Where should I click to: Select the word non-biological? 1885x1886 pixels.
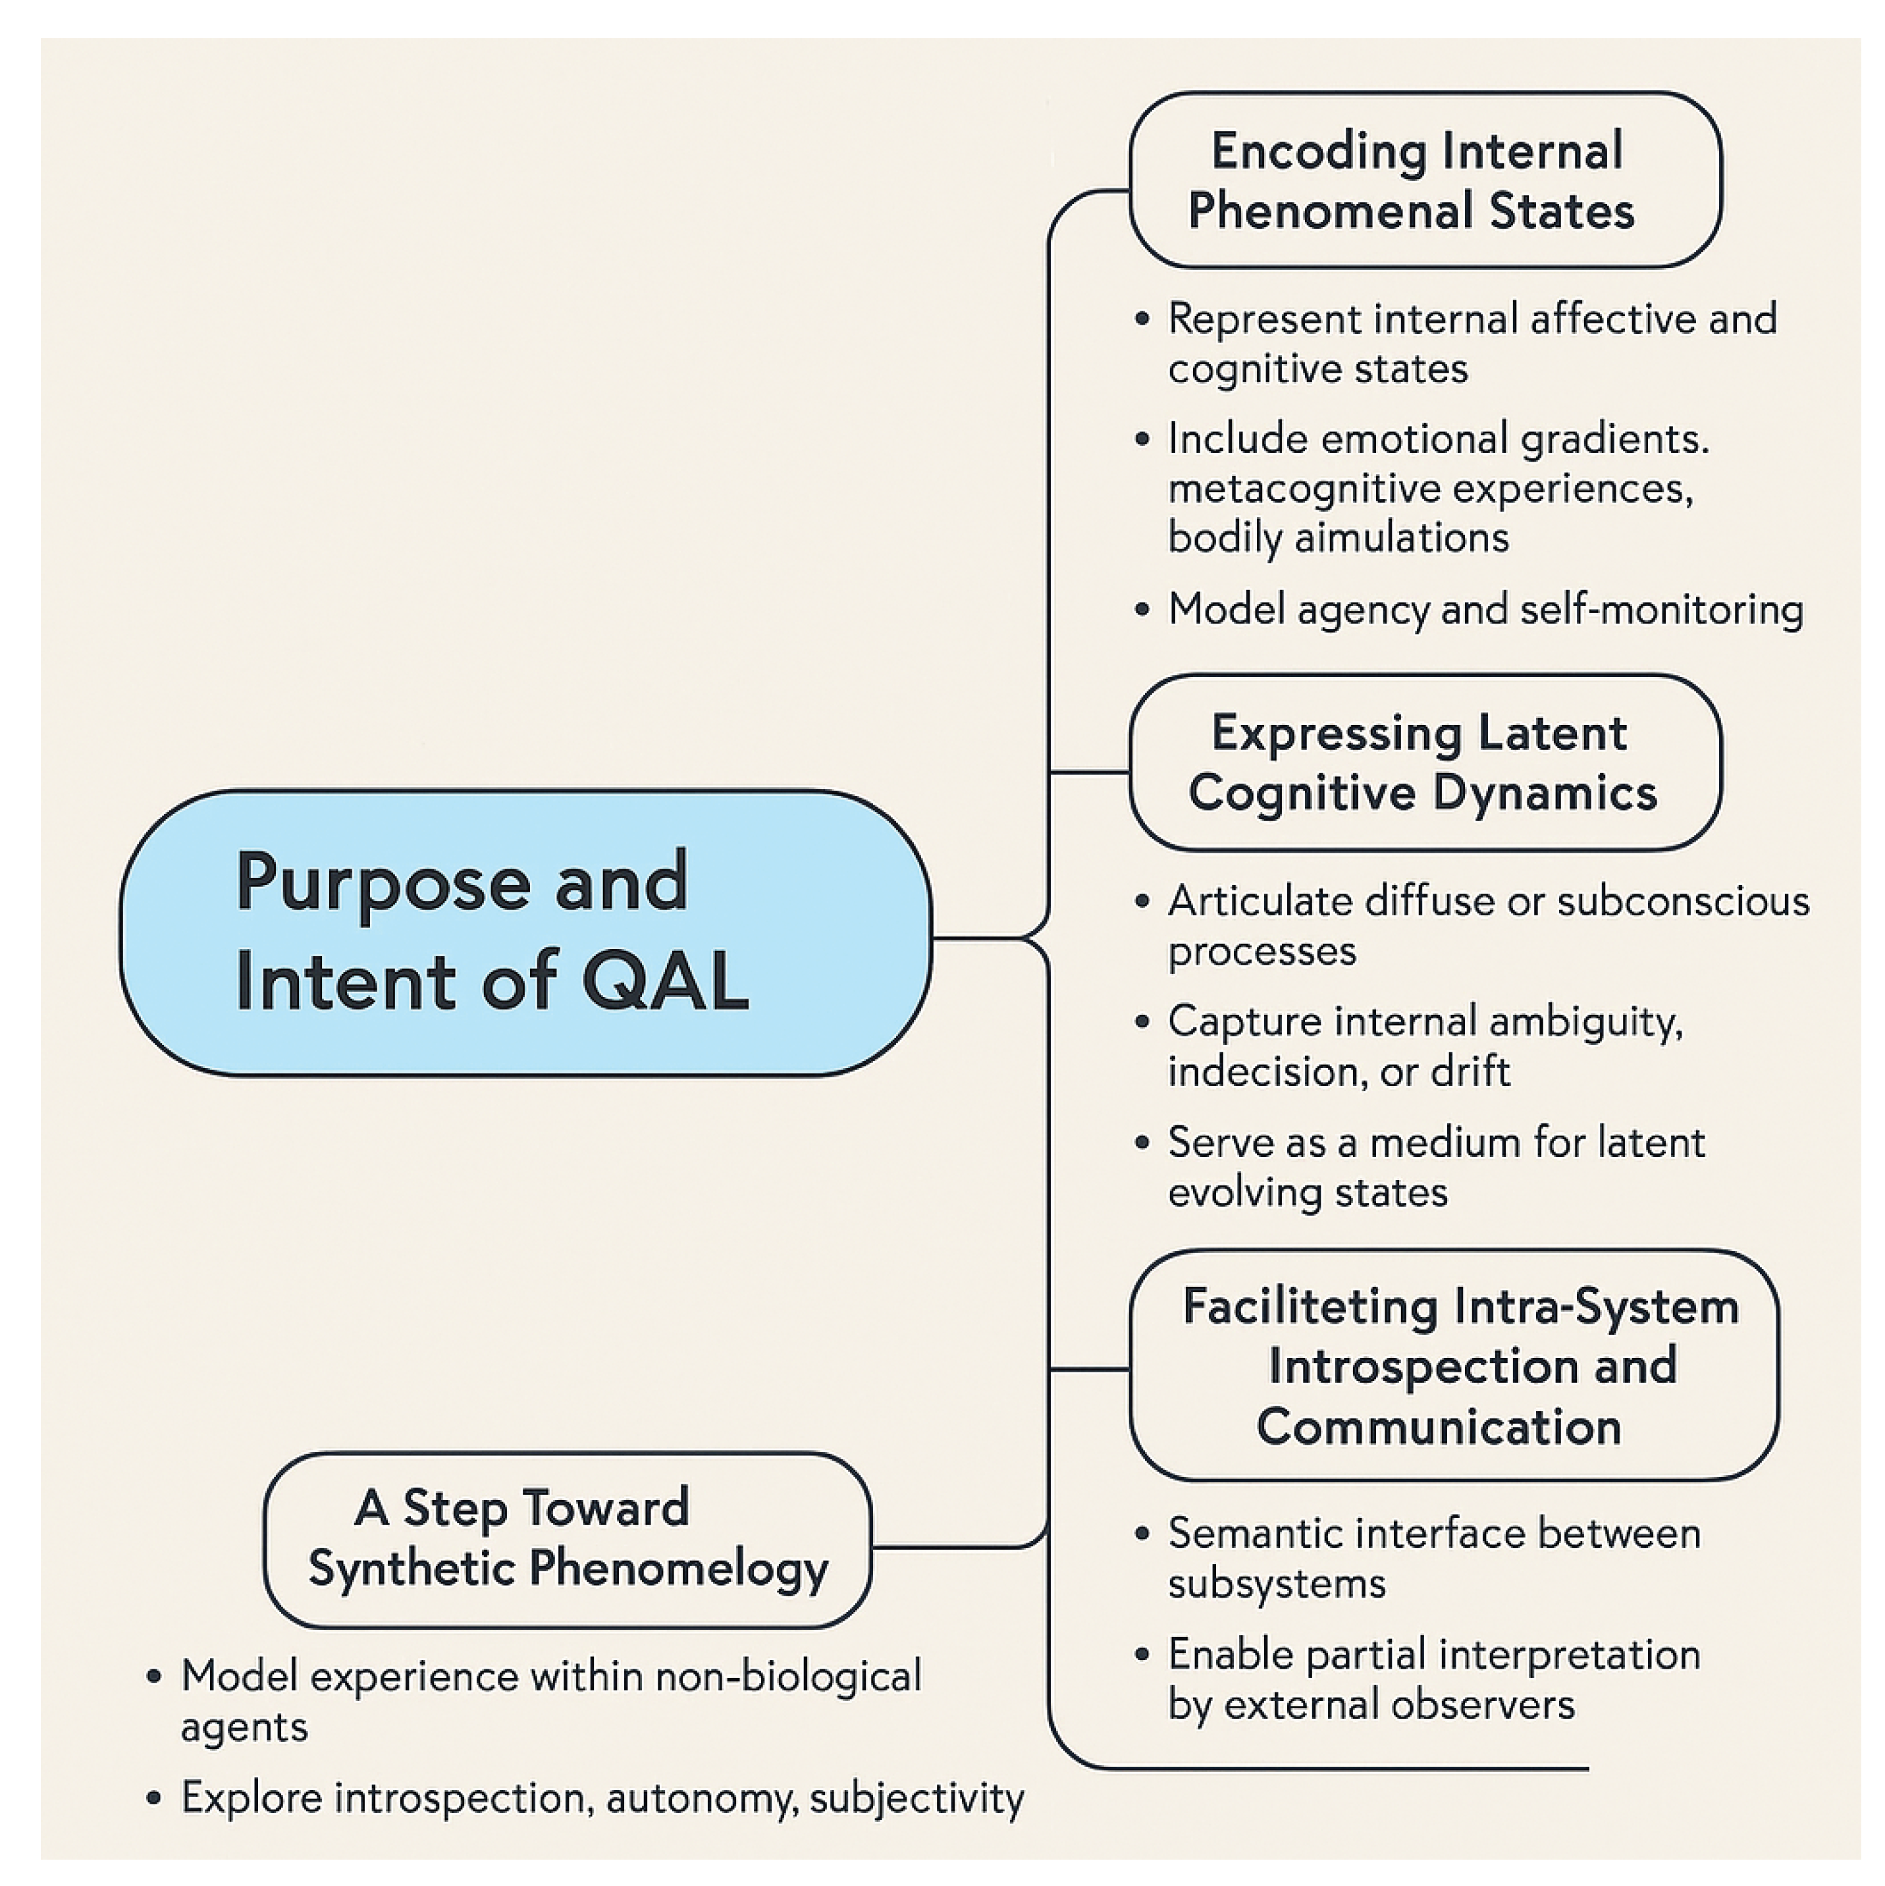click(787, 1677)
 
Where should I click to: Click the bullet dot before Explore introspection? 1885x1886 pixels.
click(153, 1798)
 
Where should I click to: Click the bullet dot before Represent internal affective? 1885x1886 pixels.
click(1142, 319)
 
